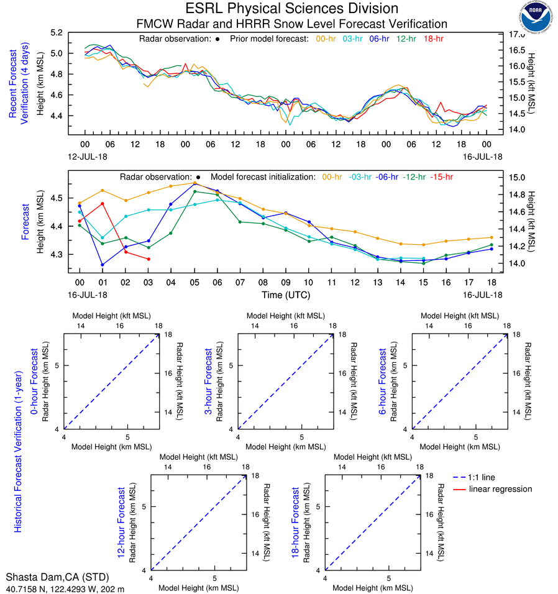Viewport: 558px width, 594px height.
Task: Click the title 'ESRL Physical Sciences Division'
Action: pos(292,9)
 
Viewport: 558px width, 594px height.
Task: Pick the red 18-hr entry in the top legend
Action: pos(432,39)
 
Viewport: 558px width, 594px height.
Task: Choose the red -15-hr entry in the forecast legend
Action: pos(442,177)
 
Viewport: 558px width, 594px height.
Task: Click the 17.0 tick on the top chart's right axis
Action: pos(517,35)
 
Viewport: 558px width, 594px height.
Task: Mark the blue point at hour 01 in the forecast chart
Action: pos(103,265)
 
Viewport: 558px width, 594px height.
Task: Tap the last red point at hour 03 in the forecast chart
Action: pos(149,259)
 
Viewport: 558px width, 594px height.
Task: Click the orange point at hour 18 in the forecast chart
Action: pos(491,237)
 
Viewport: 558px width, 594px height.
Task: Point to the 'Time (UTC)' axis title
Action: pos(285,295)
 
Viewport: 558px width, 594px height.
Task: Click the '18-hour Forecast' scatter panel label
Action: pos(296,523)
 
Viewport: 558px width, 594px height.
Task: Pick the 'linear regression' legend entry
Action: pos(500,489)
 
